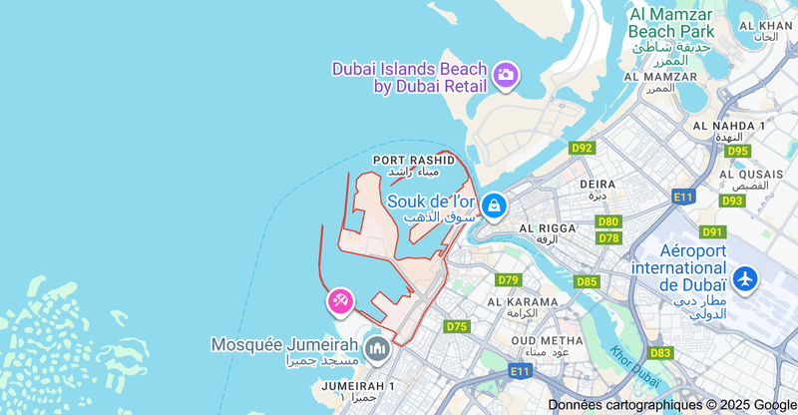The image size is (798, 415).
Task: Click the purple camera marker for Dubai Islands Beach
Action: tap(506, 75)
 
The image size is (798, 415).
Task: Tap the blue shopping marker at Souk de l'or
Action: tap(493, 207)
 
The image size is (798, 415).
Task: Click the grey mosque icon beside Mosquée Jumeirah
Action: tap(376, 348)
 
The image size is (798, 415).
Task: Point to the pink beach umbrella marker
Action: tap(340, 300)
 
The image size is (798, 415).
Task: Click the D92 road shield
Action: tap(582, 148)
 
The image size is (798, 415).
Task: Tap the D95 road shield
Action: tap(737, 151)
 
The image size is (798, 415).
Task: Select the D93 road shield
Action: tap(732, 201)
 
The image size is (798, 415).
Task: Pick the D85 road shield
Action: tap(587, 281)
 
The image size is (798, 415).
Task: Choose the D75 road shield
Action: tap(457, 326)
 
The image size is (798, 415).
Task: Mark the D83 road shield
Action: tap(660, 353)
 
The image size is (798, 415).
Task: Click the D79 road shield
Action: tap(509, 280)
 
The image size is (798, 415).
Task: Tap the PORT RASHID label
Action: tap(413, 160)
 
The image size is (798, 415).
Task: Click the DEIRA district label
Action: tap(598, 184)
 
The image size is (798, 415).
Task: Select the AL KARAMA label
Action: tap(523, 301)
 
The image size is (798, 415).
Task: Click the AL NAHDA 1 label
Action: tap(727, 125)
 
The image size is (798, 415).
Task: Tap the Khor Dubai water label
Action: tap(635, 366)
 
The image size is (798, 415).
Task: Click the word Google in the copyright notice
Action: tap(775, 404)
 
